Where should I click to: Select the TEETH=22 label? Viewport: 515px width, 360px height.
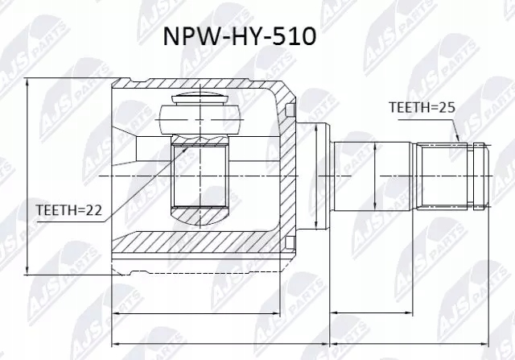[68, 210]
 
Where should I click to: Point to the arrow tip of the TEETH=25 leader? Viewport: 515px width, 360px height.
[459, 142]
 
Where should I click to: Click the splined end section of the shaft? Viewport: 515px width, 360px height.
[451, 176]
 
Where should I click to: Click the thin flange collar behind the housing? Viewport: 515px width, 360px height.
[319, 176]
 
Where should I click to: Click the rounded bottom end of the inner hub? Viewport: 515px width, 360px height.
[200, 215]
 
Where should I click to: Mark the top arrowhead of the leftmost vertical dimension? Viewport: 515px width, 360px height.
[28, 83]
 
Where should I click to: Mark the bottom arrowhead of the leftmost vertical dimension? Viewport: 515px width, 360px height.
[28, 270]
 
